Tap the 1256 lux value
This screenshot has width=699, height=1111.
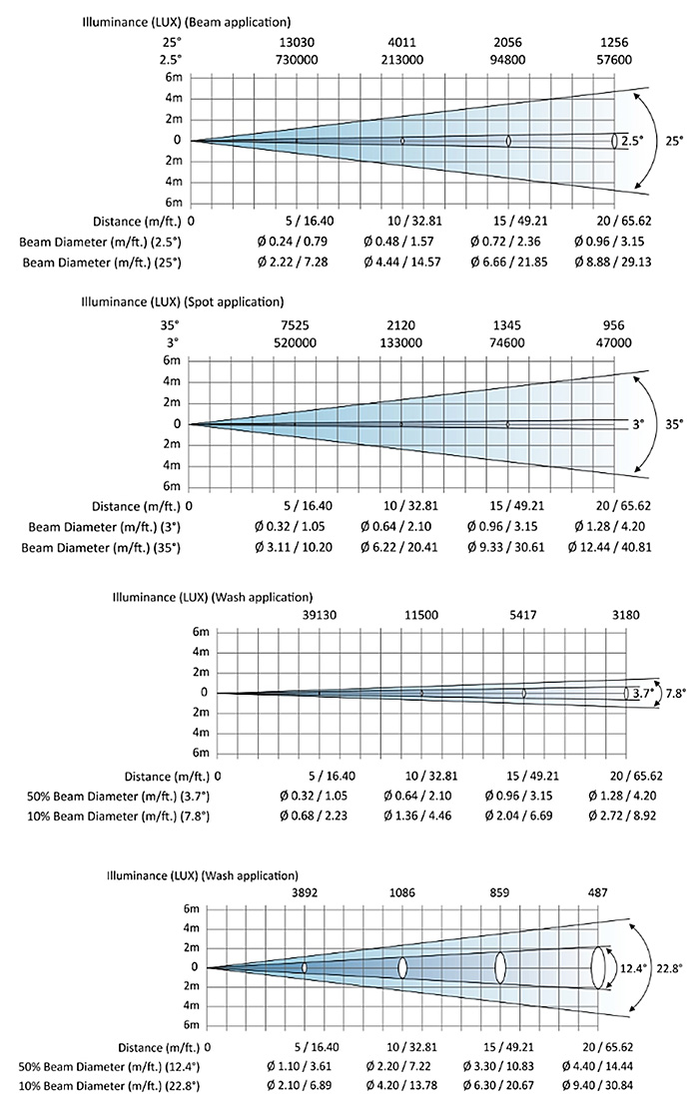click(615, 42)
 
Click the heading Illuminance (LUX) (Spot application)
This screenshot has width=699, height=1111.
click(182, 301)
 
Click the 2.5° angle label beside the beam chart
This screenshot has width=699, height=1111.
click(631, 142)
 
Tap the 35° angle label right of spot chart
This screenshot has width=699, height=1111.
click(676, 423)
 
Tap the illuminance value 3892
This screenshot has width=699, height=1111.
click(305, 892)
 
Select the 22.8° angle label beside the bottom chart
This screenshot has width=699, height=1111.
click(668, 967)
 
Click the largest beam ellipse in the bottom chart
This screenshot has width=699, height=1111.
click(598, 967)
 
